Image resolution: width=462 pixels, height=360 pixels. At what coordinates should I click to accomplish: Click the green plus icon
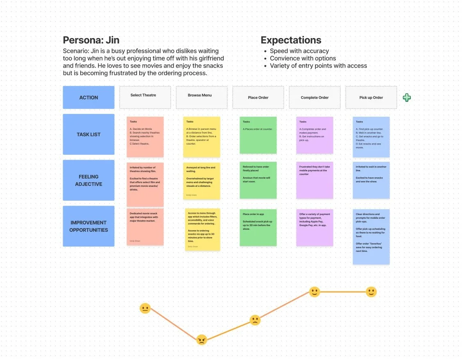coord(407,97)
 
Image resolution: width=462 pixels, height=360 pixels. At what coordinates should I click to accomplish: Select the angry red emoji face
coord(201,340)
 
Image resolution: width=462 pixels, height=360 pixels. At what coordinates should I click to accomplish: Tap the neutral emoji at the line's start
coord(145,308)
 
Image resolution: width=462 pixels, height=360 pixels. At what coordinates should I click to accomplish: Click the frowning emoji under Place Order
coord(255,320)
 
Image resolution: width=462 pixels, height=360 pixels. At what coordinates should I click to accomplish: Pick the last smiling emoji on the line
coord(371,292)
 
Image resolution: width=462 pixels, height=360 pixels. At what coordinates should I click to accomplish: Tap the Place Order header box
coord(258,97)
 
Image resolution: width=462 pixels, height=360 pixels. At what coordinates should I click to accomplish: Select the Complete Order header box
coord(315,97)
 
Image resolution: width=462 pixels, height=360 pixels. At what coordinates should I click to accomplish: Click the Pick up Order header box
coord(371,97)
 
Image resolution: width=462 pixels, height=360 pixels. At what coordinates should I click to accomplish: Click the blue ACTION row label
coord(88,97)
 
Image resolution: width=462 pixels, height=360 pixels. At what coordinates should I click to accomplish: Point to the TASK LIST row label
coord(88,134)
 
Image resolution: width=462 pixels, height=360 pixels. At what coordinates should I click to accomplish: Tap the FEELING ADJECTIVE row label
coord(88,180)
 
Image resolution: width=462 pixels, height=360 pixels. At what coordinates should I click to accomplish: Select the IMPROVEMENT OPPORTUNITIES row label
coord(88,226)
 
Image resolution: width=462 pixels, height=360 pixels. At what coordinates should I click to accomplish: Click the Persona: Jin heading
coord(91,40)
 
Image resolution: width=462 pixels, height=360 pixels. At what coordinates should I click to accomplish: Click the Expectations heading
coord(291,40)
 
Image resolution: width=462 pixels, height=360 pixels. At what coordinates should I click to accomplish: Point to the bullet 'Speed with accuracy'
coord(299,51)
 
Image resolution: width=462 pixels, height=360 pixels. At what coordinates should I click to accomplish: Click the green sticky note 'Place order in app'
coord(258,227)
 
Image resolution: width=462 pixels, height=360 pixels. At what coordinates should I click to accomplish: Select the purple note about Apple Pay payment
coord(315,227)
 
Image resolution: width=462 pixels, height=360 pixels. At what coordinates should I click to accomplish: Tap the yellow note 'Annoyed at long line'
coord(202,181)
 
